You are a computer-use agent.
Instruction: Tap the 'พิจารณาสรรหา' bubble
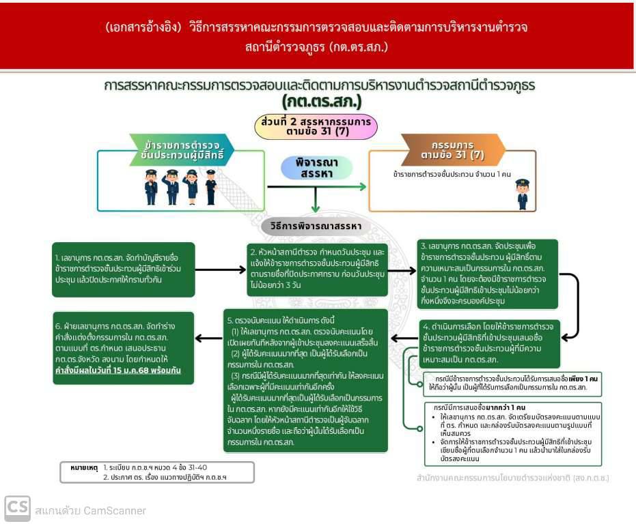[x=316, y=168]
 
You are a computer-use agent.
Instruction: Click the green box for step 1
[x=123, y=269]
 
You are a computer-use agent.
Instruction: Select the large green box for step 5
[x=305, y=381]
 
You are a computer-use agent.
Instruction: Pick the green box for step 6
[x=123, y=350]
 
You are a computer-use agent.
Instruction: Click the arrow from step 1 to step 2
[x=221, y=270]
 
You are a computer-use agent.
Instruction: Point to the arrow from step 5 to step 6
[x=208, y=338]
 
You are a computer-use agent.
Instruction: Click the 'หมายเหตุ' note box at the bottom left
[x=157, y=472]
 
